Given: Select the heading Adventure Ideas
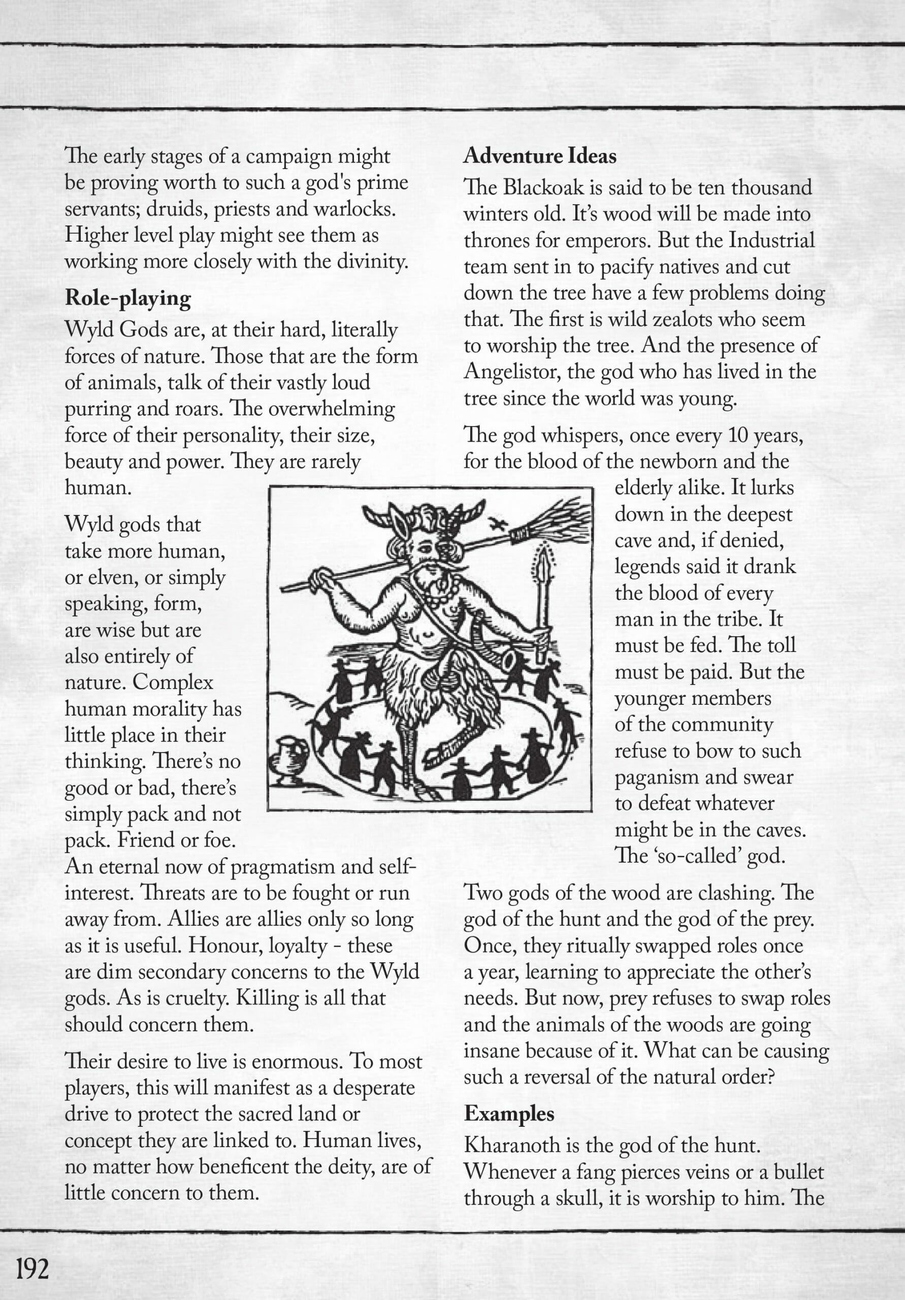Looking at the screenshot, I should (540, 156).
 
